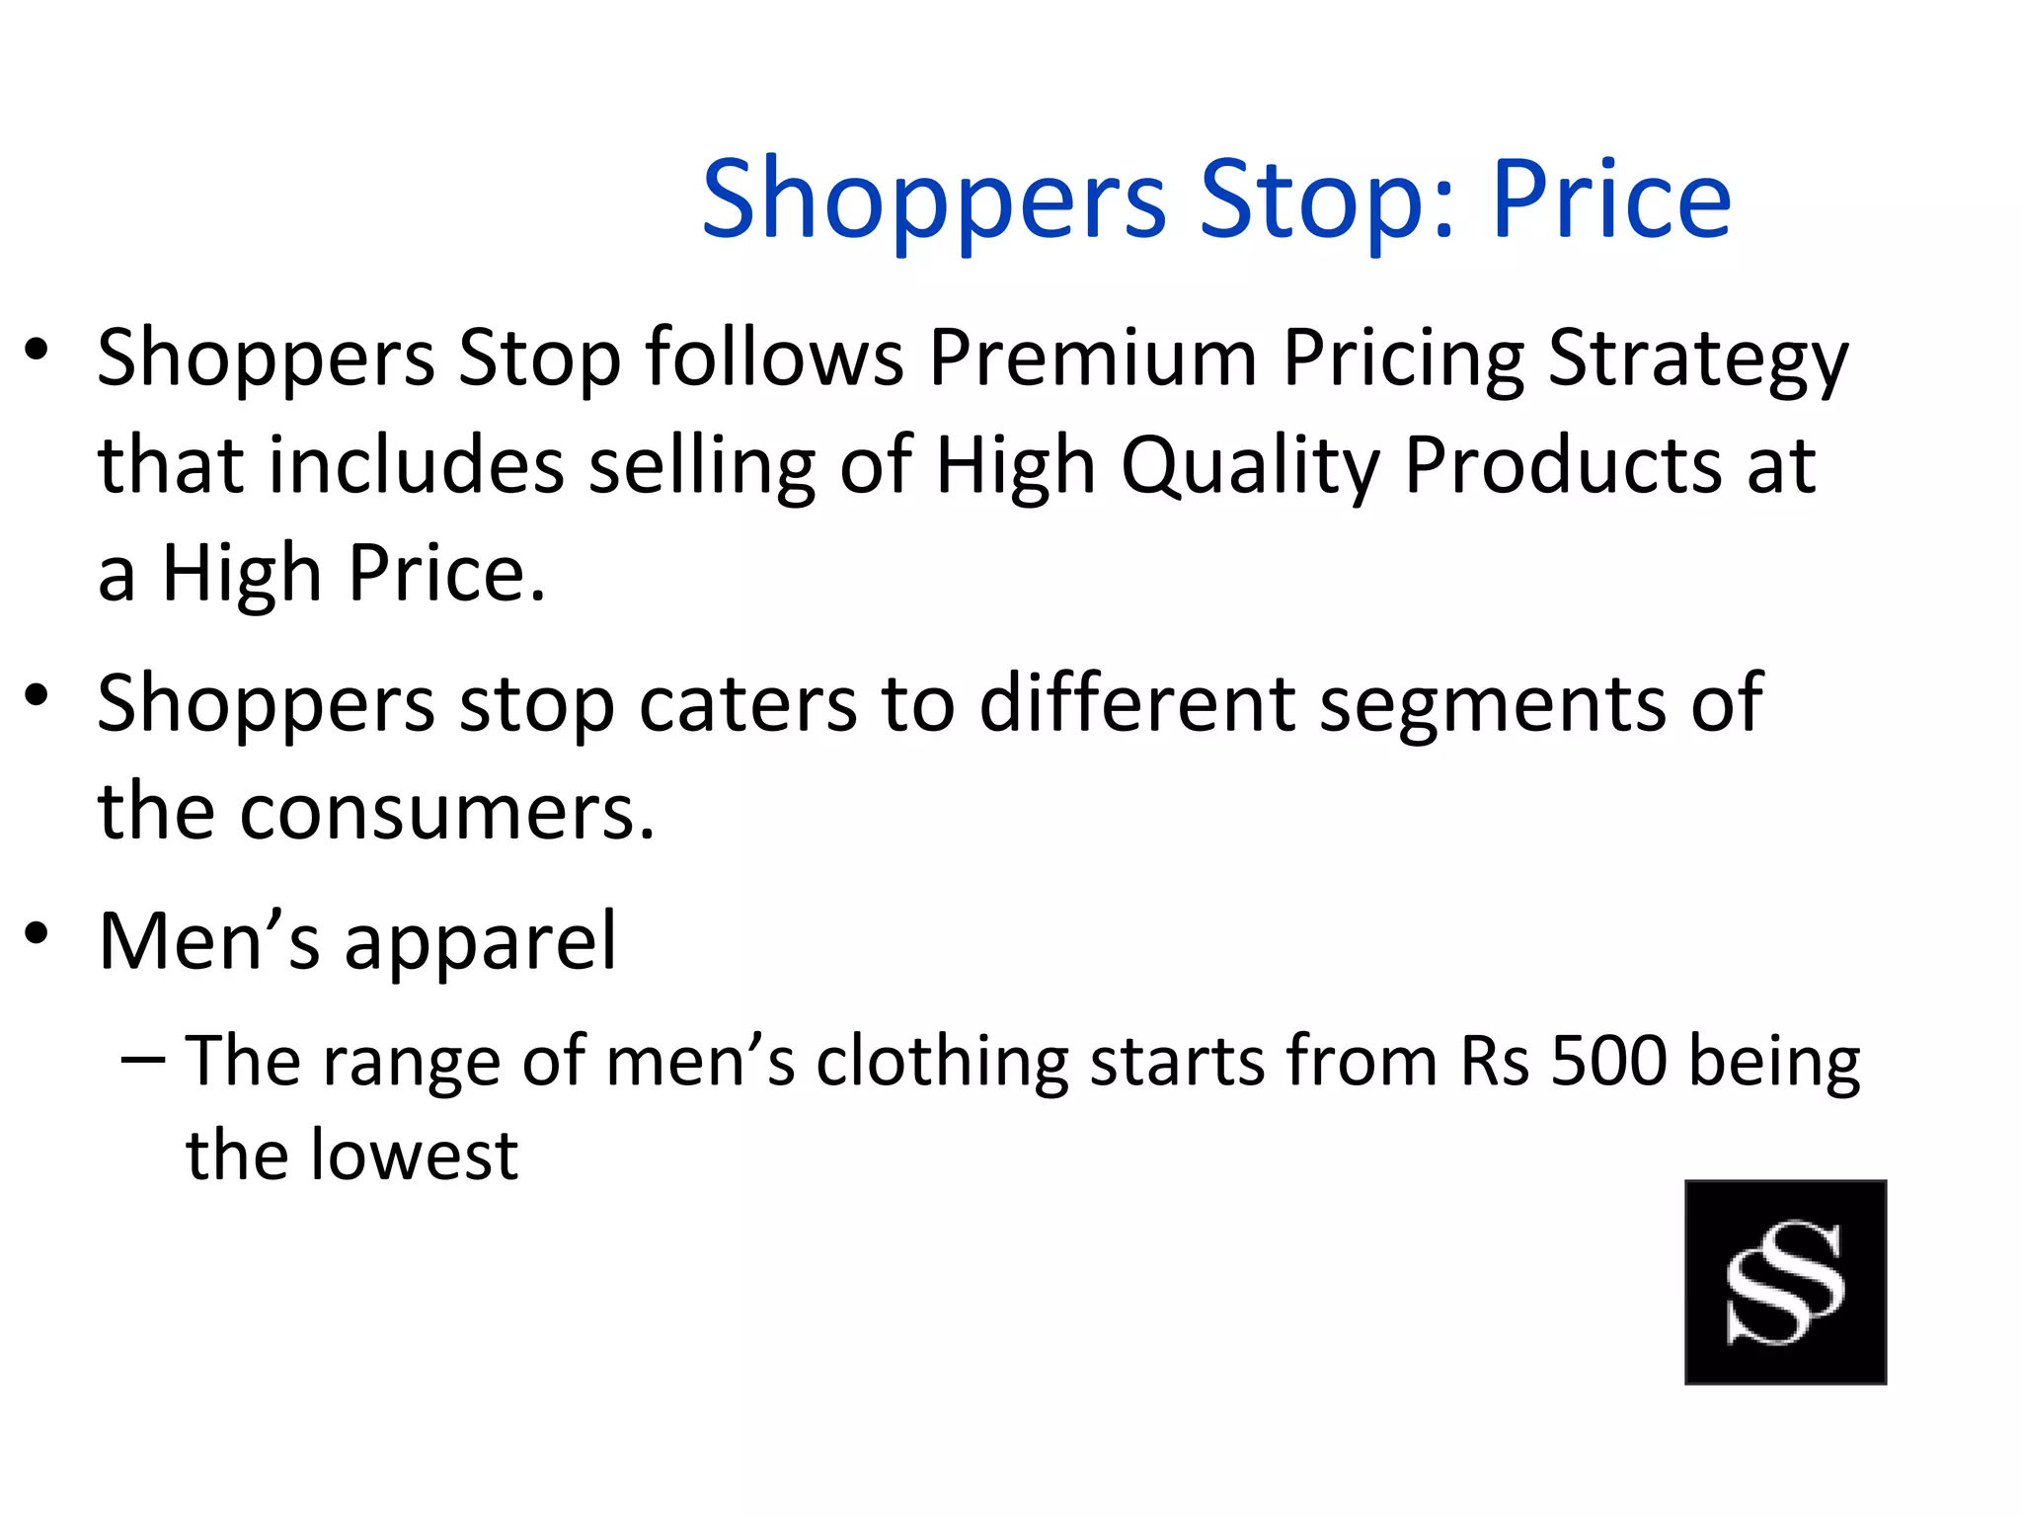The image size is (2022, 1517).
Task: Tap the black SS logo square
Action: tap(1785, 1281)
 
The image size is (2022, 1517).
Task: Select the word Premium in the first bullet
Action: tap(1093, 358)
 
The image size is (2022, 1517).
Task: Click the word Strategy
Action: tap(1698, 361)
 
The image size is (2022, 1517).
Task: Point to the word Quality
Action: tap(1250, 468)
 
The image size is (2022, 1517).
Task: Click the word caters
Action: tap(747, 704)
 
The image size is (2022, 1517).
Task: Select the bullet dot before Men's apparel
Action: tap(37, 933)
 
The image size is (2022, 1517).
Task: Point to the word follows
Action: tap(775, 358)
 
